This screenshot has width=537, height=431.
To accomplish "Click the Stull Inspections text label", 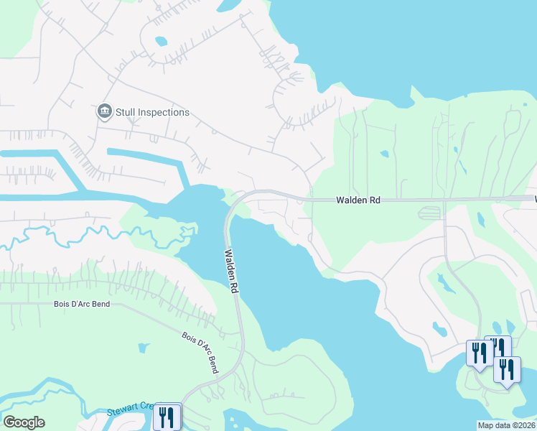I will [x=152, y=112].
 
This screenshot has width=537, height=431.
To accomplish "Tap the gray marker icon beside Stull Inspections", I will [x=105, y=111].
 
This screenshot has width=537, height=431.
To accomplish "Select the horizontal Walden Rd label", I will [x=358, y=201].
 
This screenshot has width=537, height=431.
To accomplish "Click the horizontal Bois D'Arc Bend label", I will [x=81, y=304].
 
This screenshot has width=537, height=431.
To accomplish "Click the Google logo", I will [x=24, y=422].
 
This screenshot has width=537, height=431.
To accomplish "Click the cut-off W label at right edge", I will [x=534, y=198].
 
